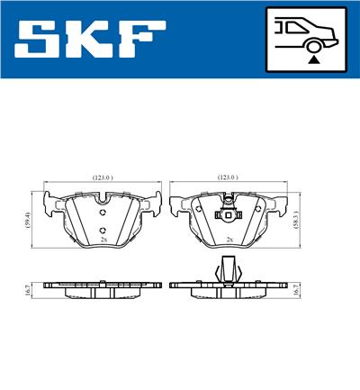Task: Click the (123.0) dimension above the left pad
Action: pos(102,179)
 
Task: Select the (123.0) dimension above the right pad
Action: pos(228,179)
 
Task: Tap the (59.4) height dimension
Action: pos(29,219)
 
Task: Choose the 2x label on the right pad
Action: pos(230,240)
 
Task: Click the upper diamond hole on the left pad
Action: pos(103,213)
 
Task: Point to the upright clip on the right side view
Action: pos(229,268)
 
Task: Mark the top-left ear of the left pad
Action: pos(49,199)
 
